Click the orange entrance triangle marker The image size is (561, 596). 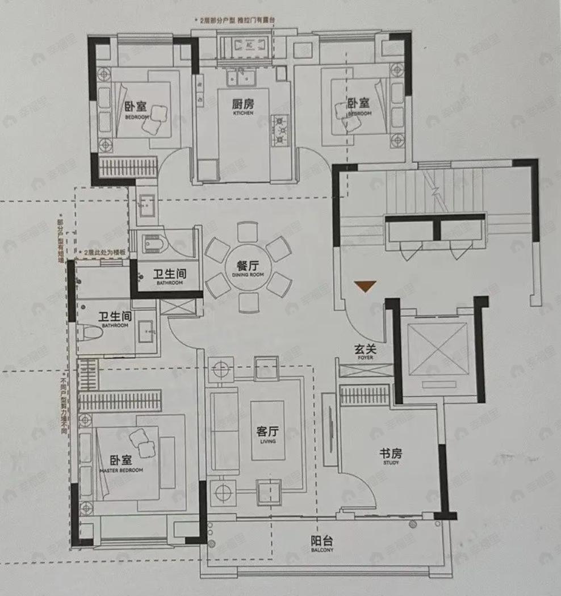coord(365,286)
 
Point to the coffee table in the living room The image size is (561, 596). coord(267,430)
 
